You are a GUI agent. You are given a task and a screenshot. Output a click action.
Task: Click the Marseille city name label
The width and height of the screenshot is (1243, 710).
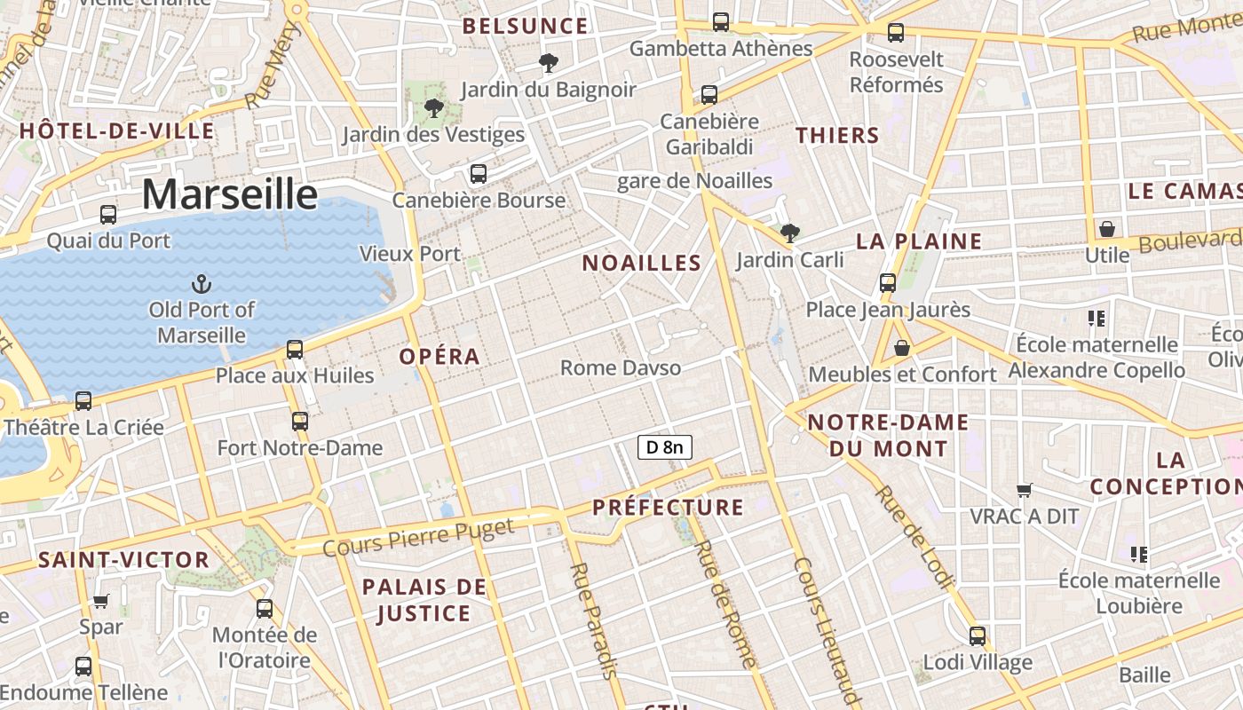(x=229, y=194)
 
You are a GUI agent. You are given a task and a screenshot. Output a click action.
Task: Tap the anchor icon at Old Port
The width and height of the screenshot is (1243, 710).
(x=202, y=285)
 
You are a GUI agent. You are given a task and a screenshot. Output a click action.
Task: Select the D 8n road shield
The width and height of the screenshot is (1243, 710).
(x=664, y=447)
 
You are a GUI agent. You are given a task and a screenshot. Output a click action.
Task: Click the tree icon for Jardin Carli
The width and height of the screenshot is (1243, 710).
(x=789, y=234)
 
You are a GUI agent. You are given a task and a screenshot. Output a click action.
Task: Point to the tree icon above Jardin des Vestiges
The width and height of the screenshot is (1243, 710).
(x=434, y=108)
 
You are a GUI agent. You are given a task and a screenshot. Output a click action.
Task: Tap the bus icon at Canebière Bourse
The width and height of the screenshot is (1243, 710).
(x=479, y=174)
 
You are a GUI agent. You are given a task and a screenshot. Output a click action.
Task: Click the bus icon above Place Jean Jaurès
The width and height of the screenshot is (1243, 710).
(x=888, y=283)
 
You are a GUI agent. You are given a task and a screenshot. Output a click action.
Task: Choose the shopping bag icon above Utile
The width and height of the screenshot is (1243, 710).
(x=1107, y=229)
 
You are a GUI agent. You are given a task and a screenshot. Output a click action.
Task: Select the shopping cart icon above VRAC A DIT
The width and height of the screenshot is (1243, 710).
(x=1024, y=490)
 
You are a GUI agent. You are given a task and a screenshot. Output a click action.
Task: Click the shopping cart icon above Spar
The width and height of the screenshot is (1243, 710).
(x=101, y=601)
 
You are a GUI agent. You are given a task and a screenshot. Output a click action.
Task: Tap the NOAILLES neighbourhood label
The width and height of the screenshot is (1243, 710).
(x=642, y=264)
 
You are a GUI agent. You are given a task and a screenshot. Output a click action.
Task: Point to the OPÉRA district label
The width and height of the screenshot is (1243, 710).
(x=439, y=357)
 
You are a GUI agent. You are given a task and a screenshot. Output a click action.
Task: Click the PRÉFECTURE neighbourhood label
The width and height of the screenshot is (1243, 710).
(x=668, y=508)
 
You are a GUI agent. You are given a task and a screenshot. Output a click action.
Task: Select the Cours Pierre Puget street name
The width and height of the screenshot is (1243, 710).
(x=417, y=538)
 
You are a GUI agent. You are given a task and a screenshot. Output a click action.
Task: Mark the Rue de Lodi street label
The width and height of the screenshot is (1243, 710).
(x=914, y=538)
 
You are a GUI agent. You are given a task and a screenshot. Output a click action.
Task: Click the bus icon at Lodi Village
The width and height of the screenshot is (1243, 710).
(x=978, y=636)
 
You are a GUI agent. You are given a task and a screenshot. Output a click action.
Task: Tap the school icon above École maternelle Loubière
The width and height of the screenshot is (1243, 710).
(x=1139, y=555)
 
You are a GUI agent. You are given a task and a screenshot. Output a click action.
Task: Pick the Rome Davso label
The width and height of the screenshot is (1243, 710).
(x=621, y=367)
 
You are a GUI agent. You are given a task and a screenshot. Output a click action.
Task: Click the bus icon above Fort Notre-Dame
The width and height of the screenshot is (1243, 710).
(x=300, y=422)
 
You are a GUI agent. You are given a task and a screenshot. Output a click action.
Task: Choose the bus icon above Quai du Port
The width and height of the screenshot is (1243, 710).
(x=108, y=215)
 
